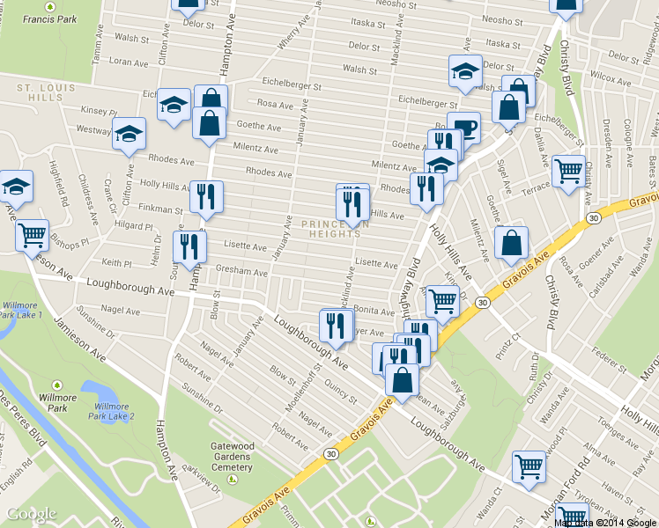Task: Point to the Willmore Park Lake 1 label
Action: tap(19, 309)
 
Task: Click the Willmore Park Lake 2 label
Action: tap(115, 411)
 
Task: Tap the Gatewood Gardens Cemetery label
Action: tap(232, 456)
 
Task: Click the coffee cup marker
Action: tap(463, 128)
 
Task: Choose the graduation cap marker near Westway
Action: tap(129, 135)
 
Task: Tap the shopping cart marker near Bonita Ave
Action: tap(441, 301)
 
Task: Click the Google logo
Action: tap(31, 514)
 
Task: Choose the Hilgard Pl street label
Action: tap(133, 225)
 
